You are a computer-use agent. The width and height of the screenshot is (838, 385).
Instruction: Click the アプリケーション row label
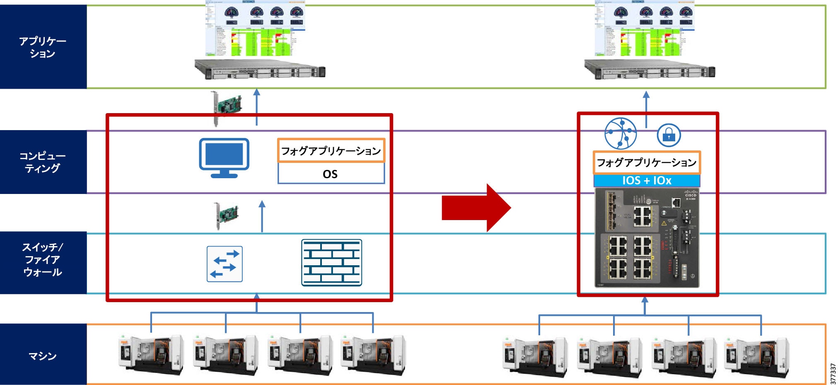(x=43, y=47)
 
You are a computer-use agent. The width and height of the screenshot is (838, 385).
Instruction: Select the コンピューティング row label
(x=43, y=162)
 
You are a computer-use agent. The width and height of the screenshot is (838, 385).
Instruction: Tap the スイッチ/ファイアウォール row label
(x=43, y=260)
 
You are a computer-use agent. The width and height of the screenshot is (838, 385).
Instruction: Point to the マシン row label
(x=43, y=356)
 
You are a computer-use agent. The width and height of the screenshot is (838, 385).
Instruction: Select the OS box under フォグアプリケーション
(x=331, y=174)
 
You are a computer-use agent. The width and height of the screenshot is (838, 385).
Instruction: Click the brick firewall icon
(x=331, y=262)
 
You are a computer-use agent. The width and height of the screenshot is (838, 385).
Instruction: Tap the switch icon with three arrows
(x=225, y=264)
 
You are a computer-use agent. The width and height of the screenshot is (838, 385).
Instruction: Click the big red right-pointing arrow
(x=476, y=208)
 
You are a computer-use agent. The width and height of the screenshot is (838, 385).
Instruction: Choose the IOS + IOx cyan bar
(x=647, y=181)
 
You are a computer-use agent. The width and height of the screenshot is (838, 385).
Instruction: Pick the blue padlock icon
(x=669, y=135)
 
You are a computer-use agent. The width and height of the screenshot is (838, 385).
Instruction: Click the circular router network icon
(x=620, y=133)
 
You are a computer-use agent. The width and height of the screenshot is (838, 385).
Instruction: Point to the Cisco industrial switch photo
(x=647, y=238)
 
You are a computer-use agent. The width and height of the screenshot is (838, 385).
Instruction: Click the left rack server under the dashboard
(x=260, y=69)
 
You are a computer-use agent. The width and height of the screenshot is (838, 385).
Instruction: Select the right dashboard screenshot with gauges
(x=645, y=28)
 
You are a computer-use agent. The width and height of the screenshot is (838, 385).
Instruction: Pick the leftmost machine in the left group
(x=151, y=355)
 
